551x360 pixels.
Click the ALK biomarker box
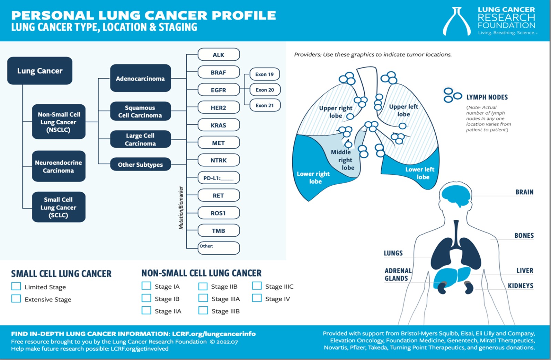pos(218,55)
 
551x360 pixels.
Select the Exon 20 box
pos(264,90)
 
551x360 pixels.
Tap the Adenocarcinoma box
pos(140,78)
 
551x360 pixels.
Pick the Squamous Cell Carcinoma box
pos(140,111)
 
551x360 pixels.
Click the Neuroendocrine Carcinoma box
pos(59,166)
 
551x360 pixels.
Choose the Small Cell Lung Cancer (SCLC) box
pos(59,207)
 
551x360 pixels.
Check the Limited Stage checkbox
pos(16,286)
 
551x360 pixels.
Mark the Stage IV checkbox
pos(257,298)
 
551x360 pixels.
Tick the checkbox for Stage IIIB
pos(203,310)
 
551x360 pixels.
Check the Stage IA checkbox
pos(146,286)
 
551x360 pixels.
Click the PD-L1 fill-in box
pos(218,178)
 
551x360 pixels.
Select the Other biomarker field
pos(218,248)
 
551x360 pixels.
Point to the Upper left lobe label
pos(404,110)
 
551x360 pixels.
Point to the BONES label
pos(524,236)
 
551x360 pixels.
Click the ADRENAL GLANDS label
pos(398,275)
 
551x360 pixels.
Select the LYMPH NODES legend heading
pos(487,97)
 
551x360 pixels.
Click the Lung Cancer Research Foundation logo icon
pos(457,21)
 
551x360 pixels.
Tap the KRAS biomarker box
pos(218,125)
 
